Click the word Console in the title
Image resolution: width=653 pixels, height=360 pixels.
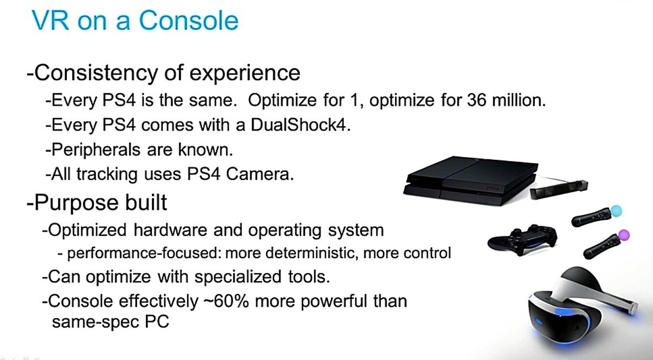(x=189, y=20)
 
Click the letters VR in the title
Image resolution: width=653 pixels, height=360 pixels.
(x=50, y=20)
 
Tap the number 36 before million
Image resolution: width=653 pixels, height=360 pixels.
(x=477, y=100)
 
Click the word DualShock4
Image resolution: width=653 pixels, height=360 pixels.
(x=300, y=125)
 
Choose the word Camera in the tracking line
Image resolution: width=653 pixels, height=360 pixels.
(x=260, y=174)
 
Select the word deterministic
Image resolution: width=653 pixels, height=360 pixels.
(x=312, y=253)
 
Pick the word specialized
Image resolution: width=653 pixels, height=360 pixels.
(x=238, y=277)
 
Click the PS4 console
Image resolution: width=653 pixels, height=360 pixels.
(x=471, y=181)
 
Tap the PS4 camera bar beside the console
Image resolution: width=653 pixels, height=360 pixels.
(x=559, y=189)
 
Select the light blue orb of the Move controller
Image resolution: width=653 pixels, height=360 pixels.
(x=616, y=211)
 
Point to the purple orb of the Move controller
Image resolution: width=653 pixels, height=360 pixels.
(x=624, y=235)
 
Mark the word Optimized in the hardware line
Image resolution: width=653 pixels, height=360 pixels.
(x=87, y=230)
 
